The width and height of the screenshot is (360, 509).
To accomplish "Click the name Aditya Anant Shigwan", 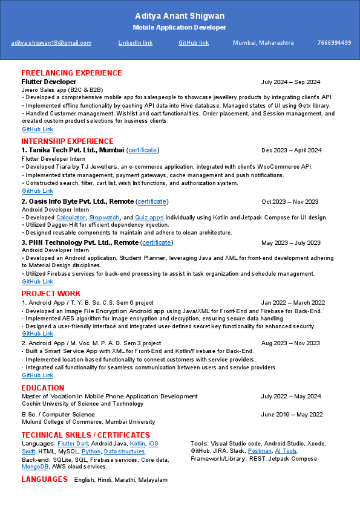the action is click(x=180, y=16).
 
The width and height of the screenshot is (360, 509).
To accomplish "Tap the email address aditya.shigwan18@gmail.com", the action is click(x=51, y=43).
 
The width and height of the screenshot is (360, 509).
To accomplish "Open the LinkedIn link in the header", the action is click(x=135, y=43).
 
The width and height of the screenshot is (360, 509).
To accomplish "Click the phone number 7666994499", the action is click(x=334, y=43).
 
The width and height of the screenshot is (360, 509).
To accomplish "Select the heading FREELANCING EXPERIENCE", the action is click(x=71, y=73).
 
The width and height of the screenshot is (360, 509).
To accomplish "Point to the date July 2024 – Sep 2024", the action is click(x=290, y=82).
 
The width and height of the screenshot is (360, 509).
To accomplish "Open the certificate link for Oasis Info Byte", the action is click(x=152, y=201).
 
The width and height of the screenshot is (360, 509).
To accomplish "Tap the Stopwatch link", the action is click(x=103, y=217).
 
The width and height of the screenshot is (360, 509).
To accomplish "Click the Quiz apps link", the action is click(x=149, y=217).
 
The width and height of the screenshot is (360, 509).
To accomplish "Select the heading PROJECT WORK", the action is click(x=51, y=294).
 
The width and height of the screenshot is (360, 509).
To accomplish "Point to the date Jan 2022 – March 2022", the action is click(x=293, y=302).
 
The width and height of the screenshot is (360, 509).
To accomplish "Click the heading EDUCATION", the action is click(x=42, y=388).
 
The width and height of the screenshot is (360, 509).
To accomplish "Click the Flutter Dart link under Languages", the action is click(x=73, y=443).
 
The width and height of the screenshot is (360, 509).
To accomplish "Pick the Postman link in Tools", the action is click(x=260, y=451).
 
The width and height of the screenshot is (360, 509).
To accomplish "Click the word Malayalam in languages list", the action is click(x=153, y=479).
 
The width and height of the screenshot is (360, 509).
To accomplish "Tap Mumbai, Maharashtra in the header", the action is click(x=263, y=43).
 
